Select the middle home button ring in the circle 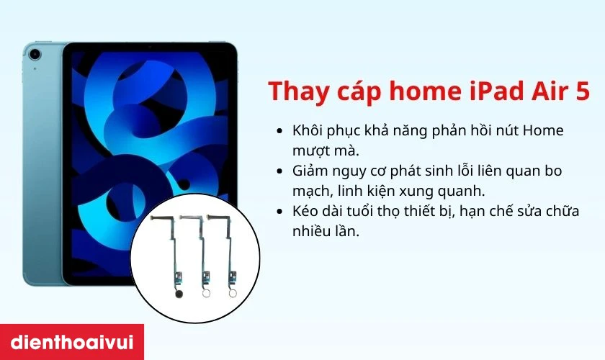[x=207, y=294]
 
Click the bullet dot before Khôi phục [x=279, y=131]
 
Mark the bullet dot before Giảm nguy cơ [x=279, y=172]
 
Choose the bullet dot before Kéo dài [x=279, y=213]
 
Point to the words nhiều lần [x=325, y=232]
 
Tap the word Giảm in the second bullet [x=310, y=172]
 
